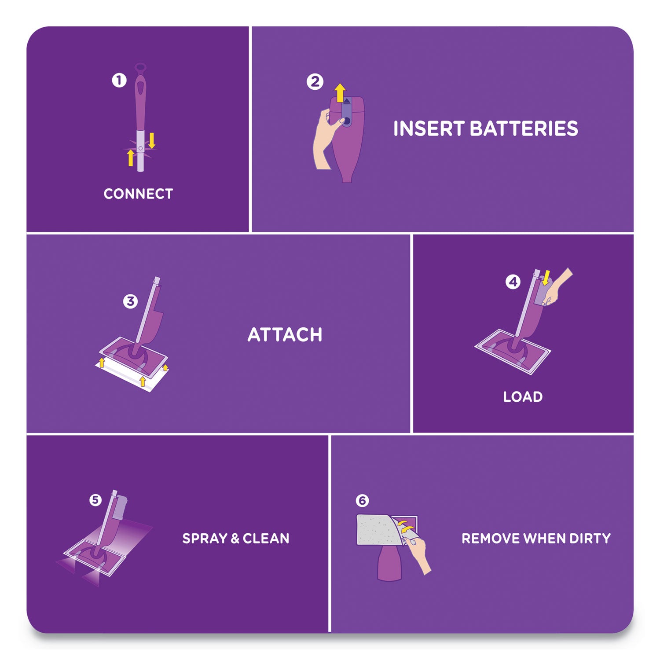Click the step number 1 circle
tap(119, 81)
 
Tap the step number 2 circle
tap(315, 82)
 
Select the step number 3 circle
tap(130, 301)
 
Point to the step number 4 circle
tap(513, 282)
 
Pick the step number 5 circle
tap(95, 500)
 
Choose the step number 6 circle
tap(362, 501)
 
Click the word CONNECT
tap(138, 194)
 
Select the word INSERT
tap(429, 129)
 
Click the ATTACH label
tap(285, 335)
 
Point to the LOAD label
tap(523, 397)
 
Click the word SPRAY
tap(205, 539)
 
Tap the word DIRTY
tap(590, 539)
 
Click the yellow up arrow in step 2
tap(340, 93)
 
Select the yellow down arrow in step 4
tap(546, 278)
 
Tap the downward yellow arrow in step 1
tap(152, 140)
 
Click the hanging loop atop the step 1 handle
tap(140, 68)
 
